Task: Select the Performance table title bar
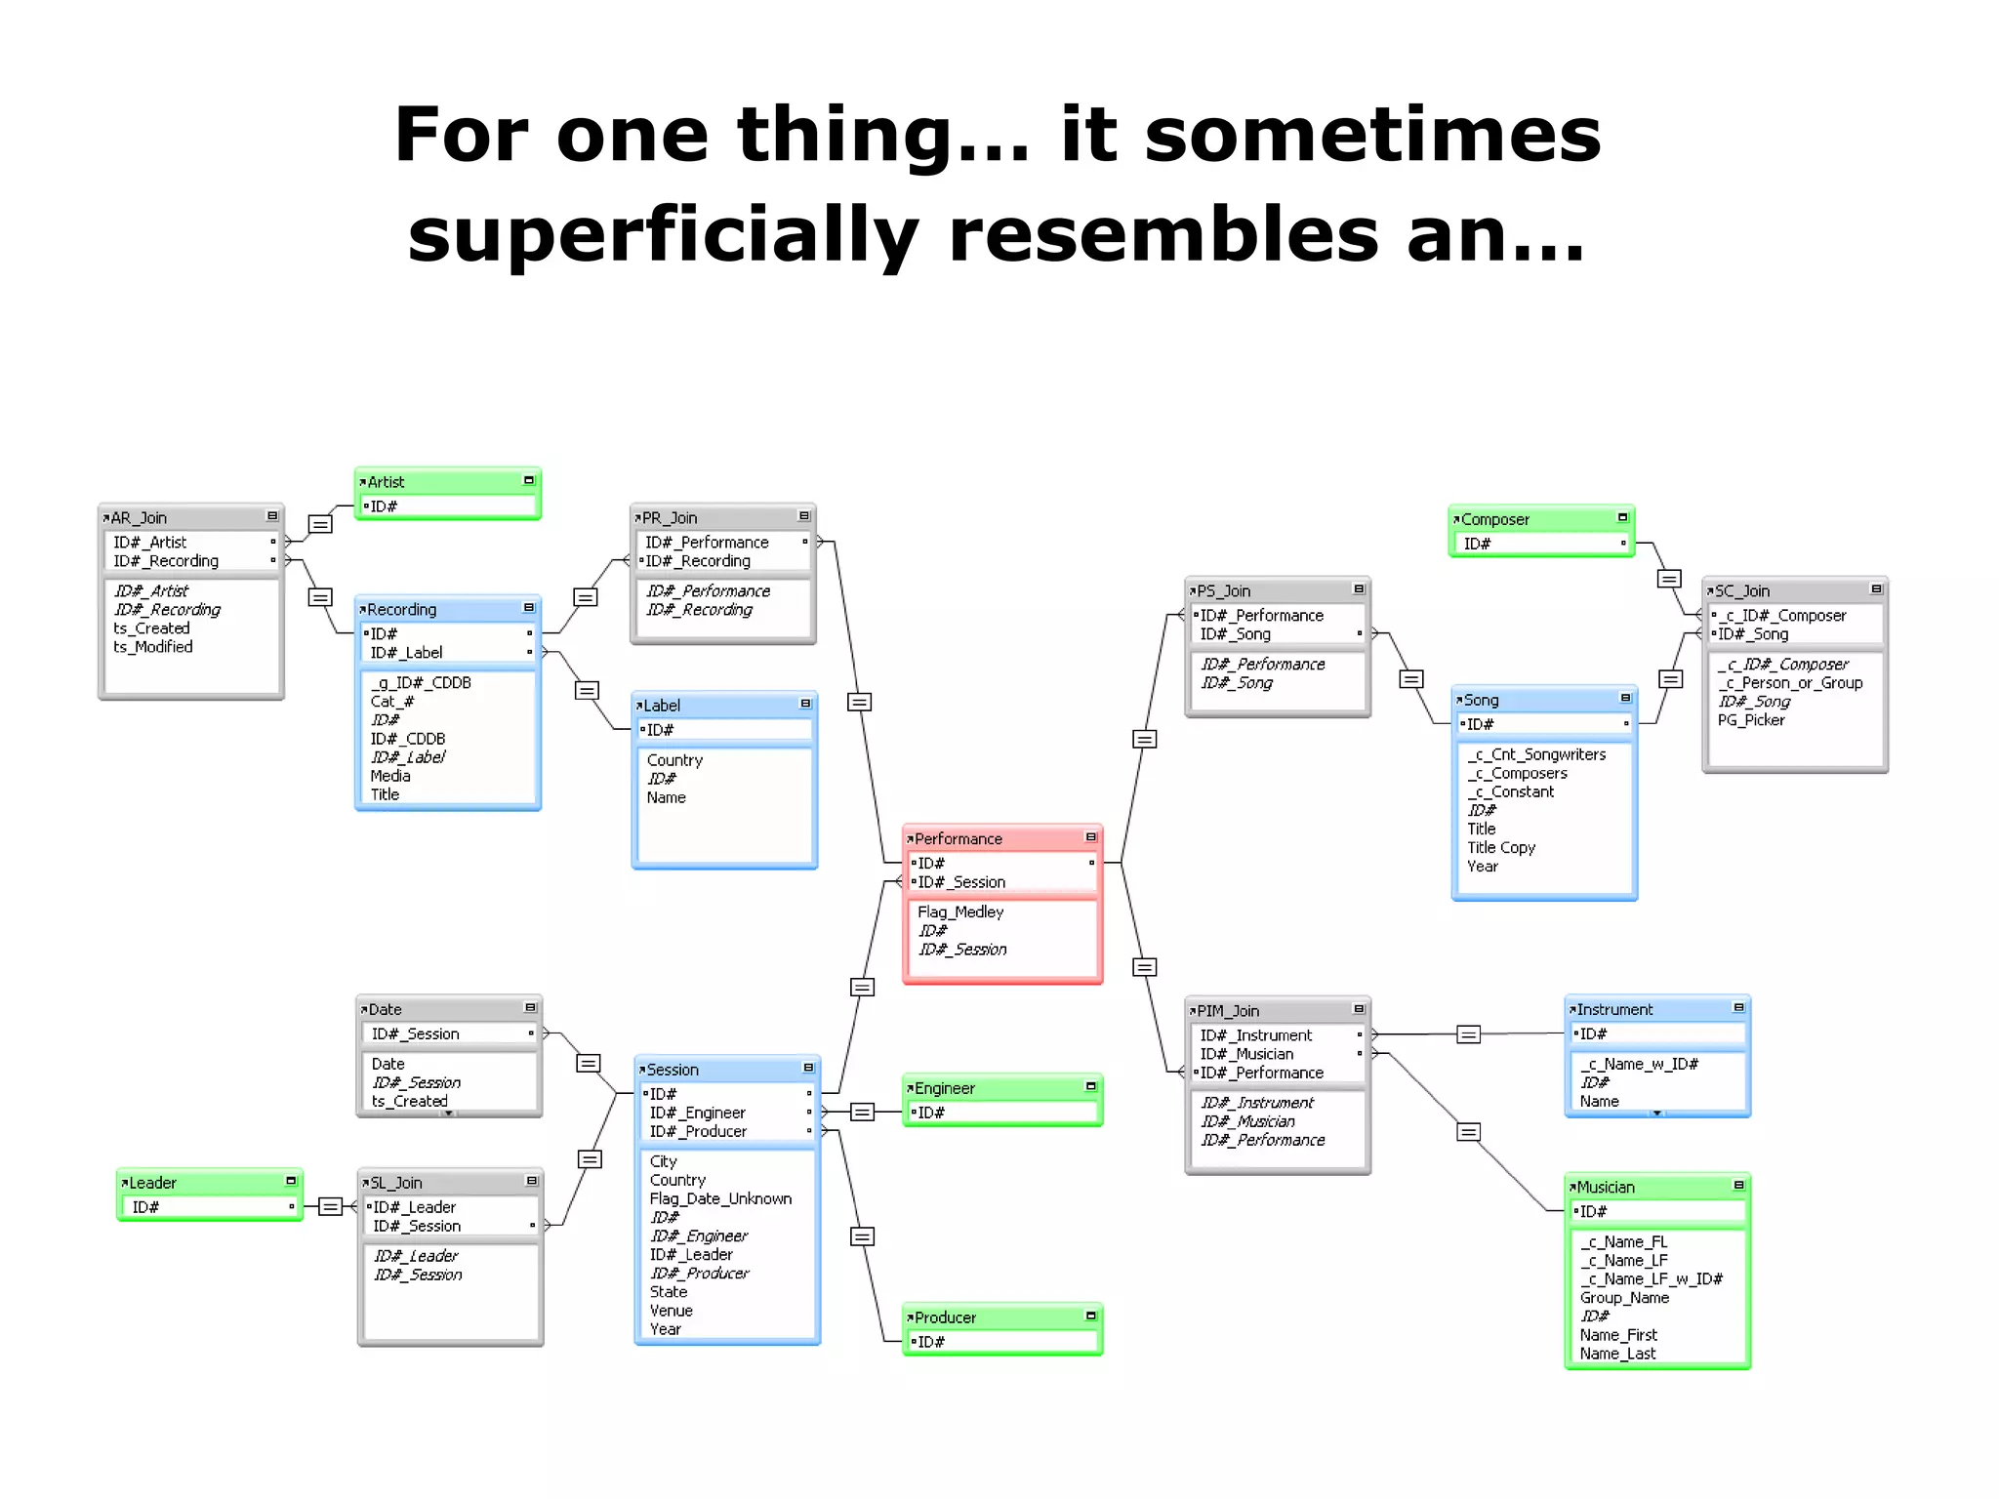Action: [1001, 838]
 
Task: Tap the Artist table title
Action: [387, 482]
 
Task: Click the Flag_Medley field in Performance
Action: [960, 912]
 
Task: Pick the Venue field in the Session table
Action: [672, 1311]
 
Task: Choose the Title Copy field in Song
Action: [1501, 847]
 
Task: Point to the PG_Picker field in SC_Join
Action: [1751, 720]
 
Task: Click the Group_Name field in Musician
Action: [1624, 1298]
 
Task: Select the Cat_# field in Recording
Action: [392, 701]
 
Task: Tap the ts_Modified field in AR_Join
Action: [153, 647]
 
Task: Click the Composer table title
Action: [1495, 520]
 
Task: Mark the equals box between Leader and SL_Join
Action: [331, 1207]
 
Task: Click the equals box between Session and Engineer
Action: [862, 1113]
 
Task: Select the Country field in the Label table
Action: [674, 760]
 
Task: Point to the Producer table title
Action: [945, 1317]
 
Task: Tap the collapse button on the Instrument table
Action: [1738, 1008]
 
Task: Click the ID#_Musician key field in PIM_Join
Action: [1246, 1054]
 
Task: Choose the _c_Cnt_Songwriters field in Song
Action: [1536, 754]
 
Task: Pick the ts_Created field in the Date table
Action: [409, 1101]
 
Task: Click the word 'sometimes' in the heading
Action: [1372, 135]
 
